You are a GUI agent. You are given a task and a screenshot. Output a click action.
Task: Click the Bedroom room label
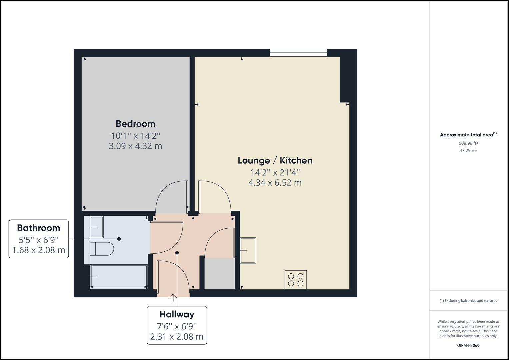coord(135,124)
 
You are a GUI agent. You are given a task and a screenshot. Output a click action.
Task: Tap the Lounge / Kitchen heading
coord(275,160)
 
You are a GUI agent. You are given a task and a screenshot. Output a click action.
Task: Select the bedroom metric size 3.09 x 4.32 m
coord(135,146)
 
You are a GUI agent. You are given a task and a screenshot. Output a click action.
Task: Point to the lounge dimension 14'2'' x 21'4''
coord(275,172)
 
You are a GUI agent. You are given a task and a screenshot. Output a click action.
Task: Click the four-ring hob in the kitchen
coord(296,279)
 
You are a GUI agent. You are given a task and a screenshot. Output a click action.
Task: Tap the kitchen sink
coord(248,250)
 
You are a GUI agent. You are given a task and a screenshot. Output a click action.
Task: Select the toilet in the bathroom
coord(102,249)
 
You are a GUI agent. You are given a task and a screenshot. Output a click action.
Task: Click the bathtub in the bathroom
coord(119,277)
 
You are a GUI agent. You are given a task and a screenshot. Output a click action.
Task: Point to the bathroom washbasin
coord(97,227)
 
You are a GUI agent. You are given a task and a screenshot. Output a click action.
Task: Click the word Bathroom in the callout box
coord(39,228)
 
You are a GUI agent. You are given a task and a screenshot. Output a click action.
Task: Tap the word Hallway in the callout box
coord(177,314)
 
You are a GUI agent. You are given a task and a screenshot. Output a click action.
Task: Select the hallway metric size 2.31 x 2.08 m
coord(177,337)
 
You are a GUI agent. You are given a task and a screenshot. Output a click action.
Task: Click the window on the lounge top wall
coord(298,52)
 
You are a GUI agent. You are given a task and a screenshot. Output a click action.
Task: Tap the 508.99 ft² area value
coord(468,143)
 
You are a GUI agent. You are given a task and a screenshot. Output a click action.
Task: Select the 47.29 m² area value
coord(468,150)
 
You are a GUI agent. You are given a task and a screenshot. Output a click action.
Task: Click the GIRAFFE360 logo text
coord(468,345)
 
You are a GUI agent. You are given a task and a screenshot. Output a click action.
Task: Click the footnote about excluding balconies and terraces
coord(468,301)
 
